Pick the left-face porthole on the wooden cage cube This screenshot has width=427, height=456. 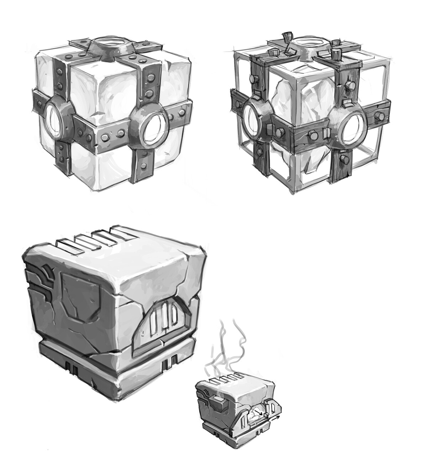[x=252, y=118]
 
